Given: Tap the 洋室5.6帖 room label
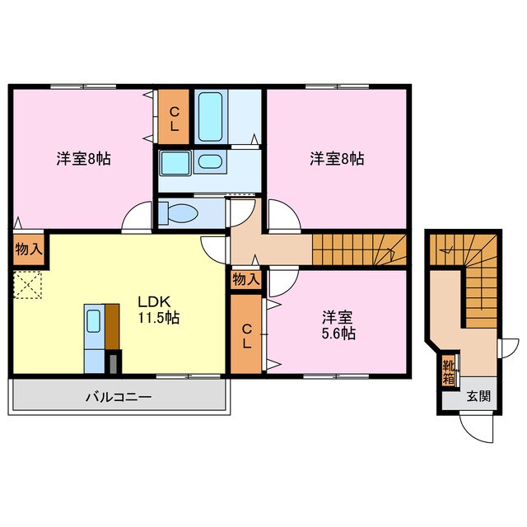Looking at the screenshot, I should pyautogui.click(x=338, y=324).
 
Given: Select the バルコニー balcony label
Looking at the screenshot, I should pyautogui.click(x=119, y=397).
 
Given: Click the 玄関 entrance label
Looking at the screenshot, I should pyautogui.click(x=478, y=396).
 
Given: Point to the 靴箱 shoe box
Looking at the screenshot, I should pyautogui.click(x=449, y=372).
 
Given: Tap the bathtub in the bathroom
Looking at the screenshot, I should pyautogui.click(x=211, y=117).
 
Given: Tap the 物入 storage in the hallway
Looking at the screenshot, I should pyautogui.click(x=245, y=280).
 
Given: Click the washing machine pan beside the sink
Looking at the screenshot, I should pyautogui.click(x=175, y=162).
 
